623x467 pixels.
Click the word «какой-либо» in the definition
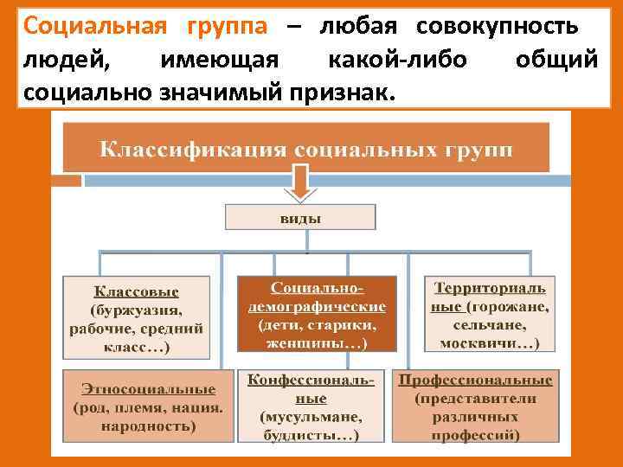click(397, 59)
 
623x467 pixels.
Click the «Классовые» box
click(136, 317)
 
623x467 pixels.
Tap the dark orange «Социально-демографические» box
click(317, 315)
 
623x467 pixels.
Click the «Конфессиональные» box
click(311, 408)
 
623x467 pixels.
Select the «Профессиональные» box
click(476, 406)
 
